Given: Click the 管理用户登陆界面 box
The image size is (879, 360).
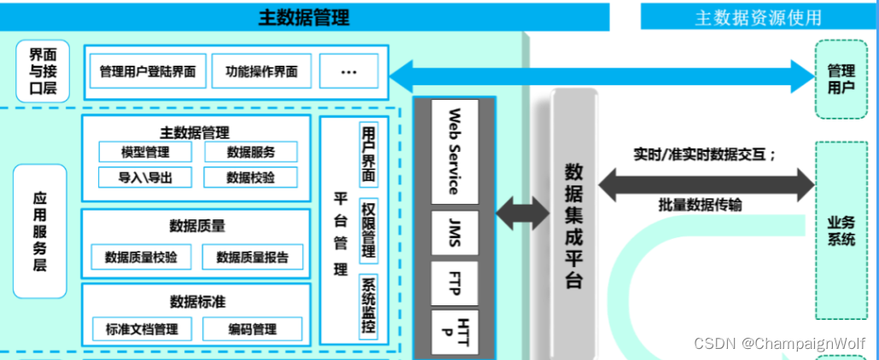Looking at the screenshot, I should point(147,72).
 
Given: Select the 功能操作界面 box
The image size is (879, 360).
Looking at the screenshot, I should point(262,72).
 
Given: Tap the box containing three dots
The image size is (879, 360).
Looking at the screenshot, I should point(348,72).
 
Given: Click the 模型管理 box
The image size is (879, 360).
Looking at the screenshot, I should point(145,153).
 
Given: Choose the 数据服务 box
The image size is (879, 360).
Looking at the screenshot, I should point(250,153).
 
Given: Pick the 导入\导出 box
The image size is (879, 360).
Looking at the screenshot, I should point(145,177).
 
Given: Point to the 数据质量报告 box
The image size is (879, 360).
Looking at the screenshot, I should point(252,257).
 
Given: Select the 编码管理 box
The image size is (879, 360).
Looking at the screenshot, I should point(252,329).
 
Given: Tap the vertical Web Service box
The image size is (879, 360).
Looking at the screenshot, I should point(455,151).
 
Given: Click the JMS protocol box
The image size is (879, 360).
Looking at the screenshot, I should point(455,233).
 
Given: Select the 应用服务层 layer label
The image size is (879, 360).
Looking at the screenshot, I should point(39,230).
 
